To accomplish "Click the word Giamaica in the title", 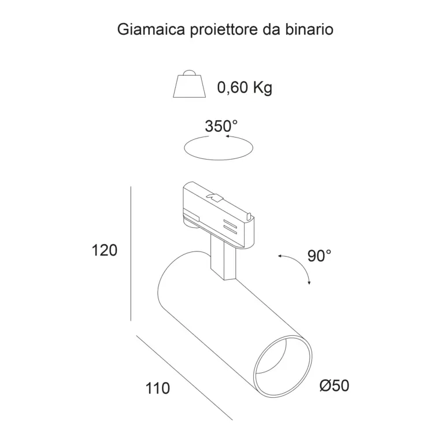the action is tap(151, 29).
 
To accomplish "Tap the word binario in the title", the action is tap(309, 29).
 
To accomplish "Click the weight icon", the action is tap(189, 84).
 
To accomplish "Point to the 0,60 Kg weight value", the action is tap(245, 87).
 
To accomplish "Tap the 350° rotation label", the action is tap(221, 126).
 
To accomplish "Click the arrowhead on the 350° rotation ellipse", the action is tap(227, 136).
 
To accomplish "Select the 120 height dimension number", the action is tap(105, 250).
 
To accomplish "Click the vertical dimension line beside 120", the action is tap(131, 254).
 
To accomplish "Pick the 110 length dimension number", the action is tap(158, 388).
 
